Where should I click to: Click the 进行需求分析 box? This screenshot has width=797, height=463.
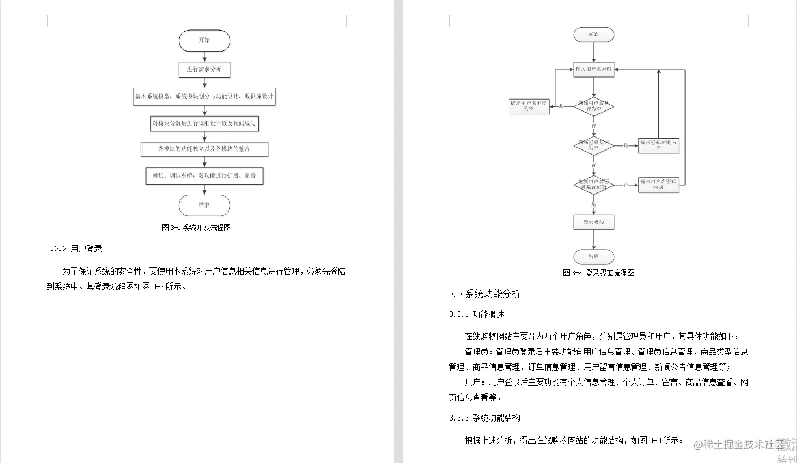pos(204,70)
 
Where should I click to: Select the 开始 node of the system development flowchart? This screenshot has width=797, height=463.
pos(204,41)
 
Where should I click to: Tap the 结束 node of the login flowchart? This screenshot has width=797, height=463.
pos(593,256)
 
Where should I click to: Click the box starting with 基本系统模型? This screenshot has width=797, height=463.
pos(204,97)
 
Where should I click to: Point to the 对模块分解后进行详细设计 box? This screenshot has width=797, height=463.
pos(204,123)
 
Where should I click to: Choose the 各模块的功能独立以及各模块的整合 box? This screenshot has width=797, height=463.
pos(204,149)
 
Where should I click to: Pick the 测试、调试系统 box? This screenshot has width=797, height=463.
pos(204,176)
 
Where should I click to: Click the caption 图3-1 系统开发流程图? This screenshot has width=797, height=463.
pos(196,228)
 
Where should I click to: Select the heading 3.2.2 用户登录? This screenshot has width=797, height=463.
pos(74,248)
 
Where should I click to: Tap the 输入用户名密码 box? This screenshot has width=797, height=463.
pos(593,69)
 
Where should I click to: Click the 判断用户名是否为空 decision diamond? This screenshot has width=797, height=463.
pos(593,106)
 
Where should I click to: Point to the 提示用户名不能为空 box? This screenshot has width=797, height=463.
pos(529,106)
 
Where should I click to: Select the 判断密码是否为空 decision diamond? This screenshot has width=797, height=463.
pos(593,145)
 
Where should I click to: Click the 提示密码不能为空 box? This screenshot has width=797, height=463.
pos(658,145)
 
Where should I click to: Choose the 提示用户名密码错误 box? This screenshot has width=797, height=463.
pos(658,185)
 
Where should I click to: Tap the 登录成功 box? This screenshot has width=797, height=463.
pos(593,222)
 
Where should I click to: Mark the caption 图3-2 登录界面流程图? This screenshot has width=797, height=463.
pos(598,273)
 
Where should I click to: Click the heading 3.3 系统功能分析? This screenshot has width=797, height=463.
pos(485,294)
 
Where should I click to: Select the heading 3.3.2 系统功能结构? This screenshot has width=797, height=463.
pos(484,418)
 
